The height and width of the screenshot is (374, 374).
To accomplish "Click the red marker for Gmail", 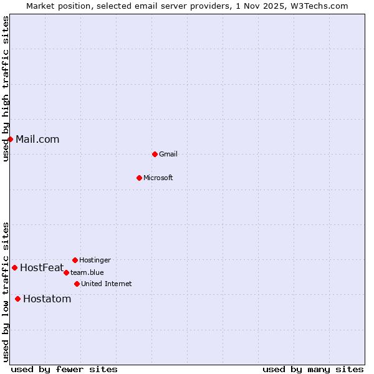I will point(155,154).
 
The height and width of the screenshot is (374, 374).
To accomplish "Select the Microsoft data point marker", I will point(139,178).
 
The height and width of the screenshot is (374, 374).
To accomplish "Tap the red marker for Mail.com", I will point(10,139).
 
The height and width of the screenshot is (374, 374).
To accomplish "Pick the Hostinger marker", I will point(75,260).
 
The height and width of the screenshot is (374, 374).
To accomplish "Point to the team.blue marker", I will point(66,272).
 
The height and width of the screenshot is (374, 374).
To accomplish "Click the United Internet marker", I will point(77,284).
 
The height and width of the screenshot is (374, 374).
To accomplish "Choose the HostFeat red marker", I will point(14,267).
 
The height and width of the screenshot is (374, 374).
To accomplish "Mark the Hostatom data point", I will point(17,299).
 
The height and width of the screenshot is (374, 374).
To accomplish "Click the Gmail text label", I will point(168,154).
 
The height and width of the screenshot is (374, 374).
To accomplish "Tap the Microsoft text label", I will point(158,178).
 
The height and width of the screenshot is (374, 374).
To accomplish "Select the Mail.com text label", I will point(37,139).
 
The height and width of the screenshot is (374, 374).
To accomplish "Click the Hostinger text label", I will point(95,260).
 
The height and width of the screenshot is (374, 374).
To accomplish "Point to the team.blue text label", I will point(87,272).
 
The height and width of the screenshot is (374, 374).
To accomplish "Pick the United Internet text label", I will point(107,284).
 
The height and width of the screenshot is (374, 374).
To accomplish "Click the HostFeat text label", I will point(42,267).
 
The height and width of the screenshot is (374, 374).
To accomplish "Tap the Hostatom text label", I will point(47,299).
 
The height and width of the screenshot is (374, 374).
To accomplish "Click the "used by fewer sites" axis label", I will point(64,369).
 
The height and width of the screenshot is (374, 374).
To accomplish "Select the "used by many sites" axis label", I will point(313,369).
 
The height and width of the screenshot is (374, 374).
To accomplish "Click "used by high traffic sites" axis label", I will point(6,89).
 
